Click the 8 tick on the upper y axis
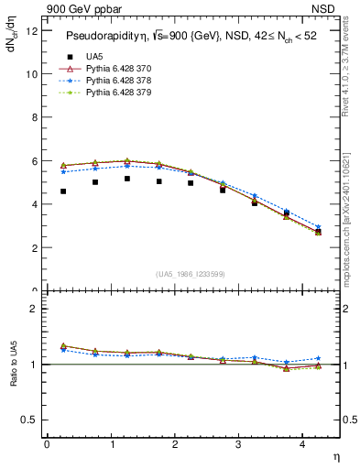[x=34, y=117]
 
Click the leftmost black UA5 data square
[x=62, y=191]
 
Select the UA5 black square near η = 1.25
[x=126, y=179]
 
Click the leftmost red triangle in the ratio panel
[x=62, y=345]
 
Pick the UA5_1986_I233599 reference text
[x=191, y=274]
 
